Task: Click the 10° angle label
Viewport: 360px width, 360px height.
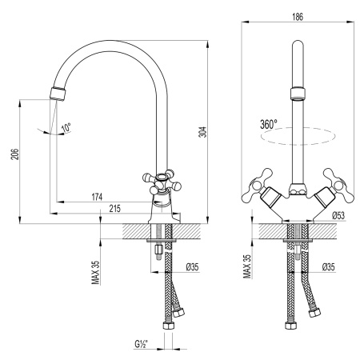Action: click(x=65, y=127)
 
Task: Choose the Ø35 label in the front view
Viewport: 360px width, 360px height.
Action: click(x=328, y=266)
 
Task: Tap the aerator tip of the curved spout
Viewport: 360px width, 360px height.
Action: click(x=57, y=93)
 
